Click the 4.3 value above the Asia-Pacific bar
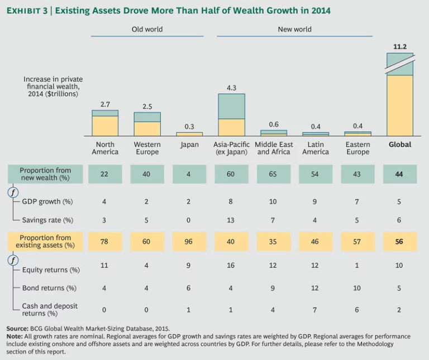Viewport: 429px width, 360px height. (x=231, y=88)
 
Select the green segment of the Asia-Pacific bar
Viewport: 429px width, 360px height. (x=231, y=106)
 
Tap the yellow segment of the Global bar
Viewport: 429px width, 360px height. (x=400, y=105)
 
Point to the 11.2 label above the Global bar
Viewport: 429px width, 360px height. (x=400, y=47)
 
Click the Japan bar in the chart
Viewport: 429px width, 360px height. (x=189, y=134)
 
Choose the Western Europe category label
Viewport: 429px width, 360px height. (x=147, y=148)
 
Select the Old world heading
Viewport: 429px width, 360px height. (x=146, y=29)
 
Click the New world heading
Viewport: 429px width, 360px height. (x=294, y=29)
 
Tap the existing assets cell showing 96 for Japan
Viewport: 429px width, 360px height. (x=189, y=241)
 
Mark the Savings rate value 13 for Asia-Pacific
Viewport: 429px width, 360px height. (x=231, y=220)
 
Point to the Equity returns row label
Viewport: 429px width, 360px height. (x=51, y=270)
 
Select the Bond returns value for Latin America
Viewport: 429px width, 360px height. (x=316, y=288)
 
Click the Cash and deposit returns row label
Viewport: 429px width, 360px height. (x=50, y=310)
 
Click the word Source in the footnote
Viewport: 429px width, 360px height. (x=17, y=329)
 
